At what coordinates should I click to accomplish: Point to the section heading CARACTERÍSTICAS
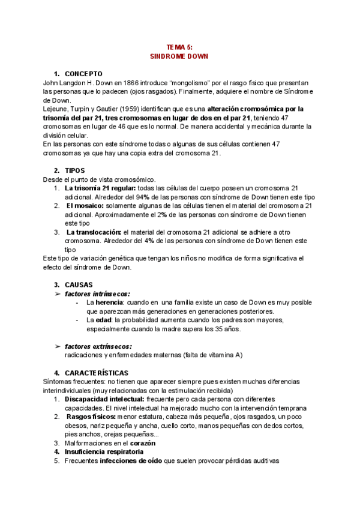[x=95, y=373]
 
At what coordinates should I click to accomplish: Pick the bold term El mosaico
[x=88, y=206]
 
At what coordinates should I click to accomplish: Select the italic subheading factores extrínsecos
[x=98, y=346]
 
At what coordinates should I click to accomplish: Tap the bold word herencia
[x=105, y=303]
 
